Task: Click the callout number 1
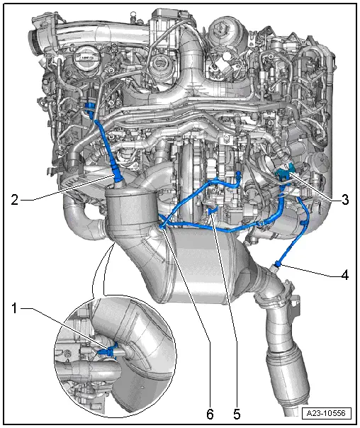pos(15,308)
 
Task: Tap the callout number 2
pos(15,200)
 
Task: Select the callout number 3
pos(345,200)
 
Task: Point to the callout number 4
pos(345,275)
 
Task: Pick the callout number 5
pos(237,414)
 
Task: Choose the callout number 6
pos(210,414)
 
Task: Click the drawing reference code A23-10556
pos(326,413)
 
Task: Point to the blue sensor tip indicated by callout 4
pos(278,264)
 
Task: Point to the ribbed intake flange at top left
pos(35,41)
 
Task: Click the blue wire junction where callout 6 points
pos(162,225)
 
